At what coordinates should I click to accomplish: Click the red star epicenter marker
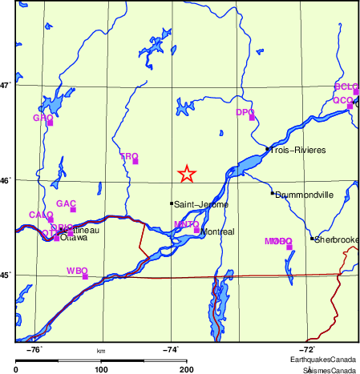186,174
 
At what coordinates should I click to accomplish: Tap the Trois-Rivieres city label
296,150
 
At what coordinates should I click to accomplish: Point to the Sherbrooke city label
337,239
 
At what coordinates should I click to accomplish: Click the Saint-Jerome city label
201,205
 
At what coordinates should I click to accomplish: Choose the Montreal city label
218,231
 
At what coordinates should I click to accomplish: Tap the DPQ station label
245,113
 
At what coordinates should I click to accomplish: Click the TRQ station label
128,157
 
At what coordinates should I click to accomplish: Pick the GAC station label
67,204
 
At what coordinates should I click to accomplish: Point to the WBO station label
77,271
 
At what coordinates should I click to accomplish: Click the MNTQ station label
186,224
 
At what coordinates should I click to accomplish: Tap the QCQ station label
342,100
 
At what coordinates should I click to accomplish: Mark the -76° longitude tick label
34,350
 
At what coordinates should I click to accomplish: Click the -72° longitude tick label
307,350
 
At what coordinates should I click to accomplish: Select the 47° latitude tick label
6,85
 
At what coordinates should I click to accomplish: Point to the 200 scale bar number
187,369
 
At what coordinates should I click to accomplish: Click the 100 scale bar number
101,369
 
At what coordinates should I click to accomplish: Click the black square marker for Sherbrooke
312,239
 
